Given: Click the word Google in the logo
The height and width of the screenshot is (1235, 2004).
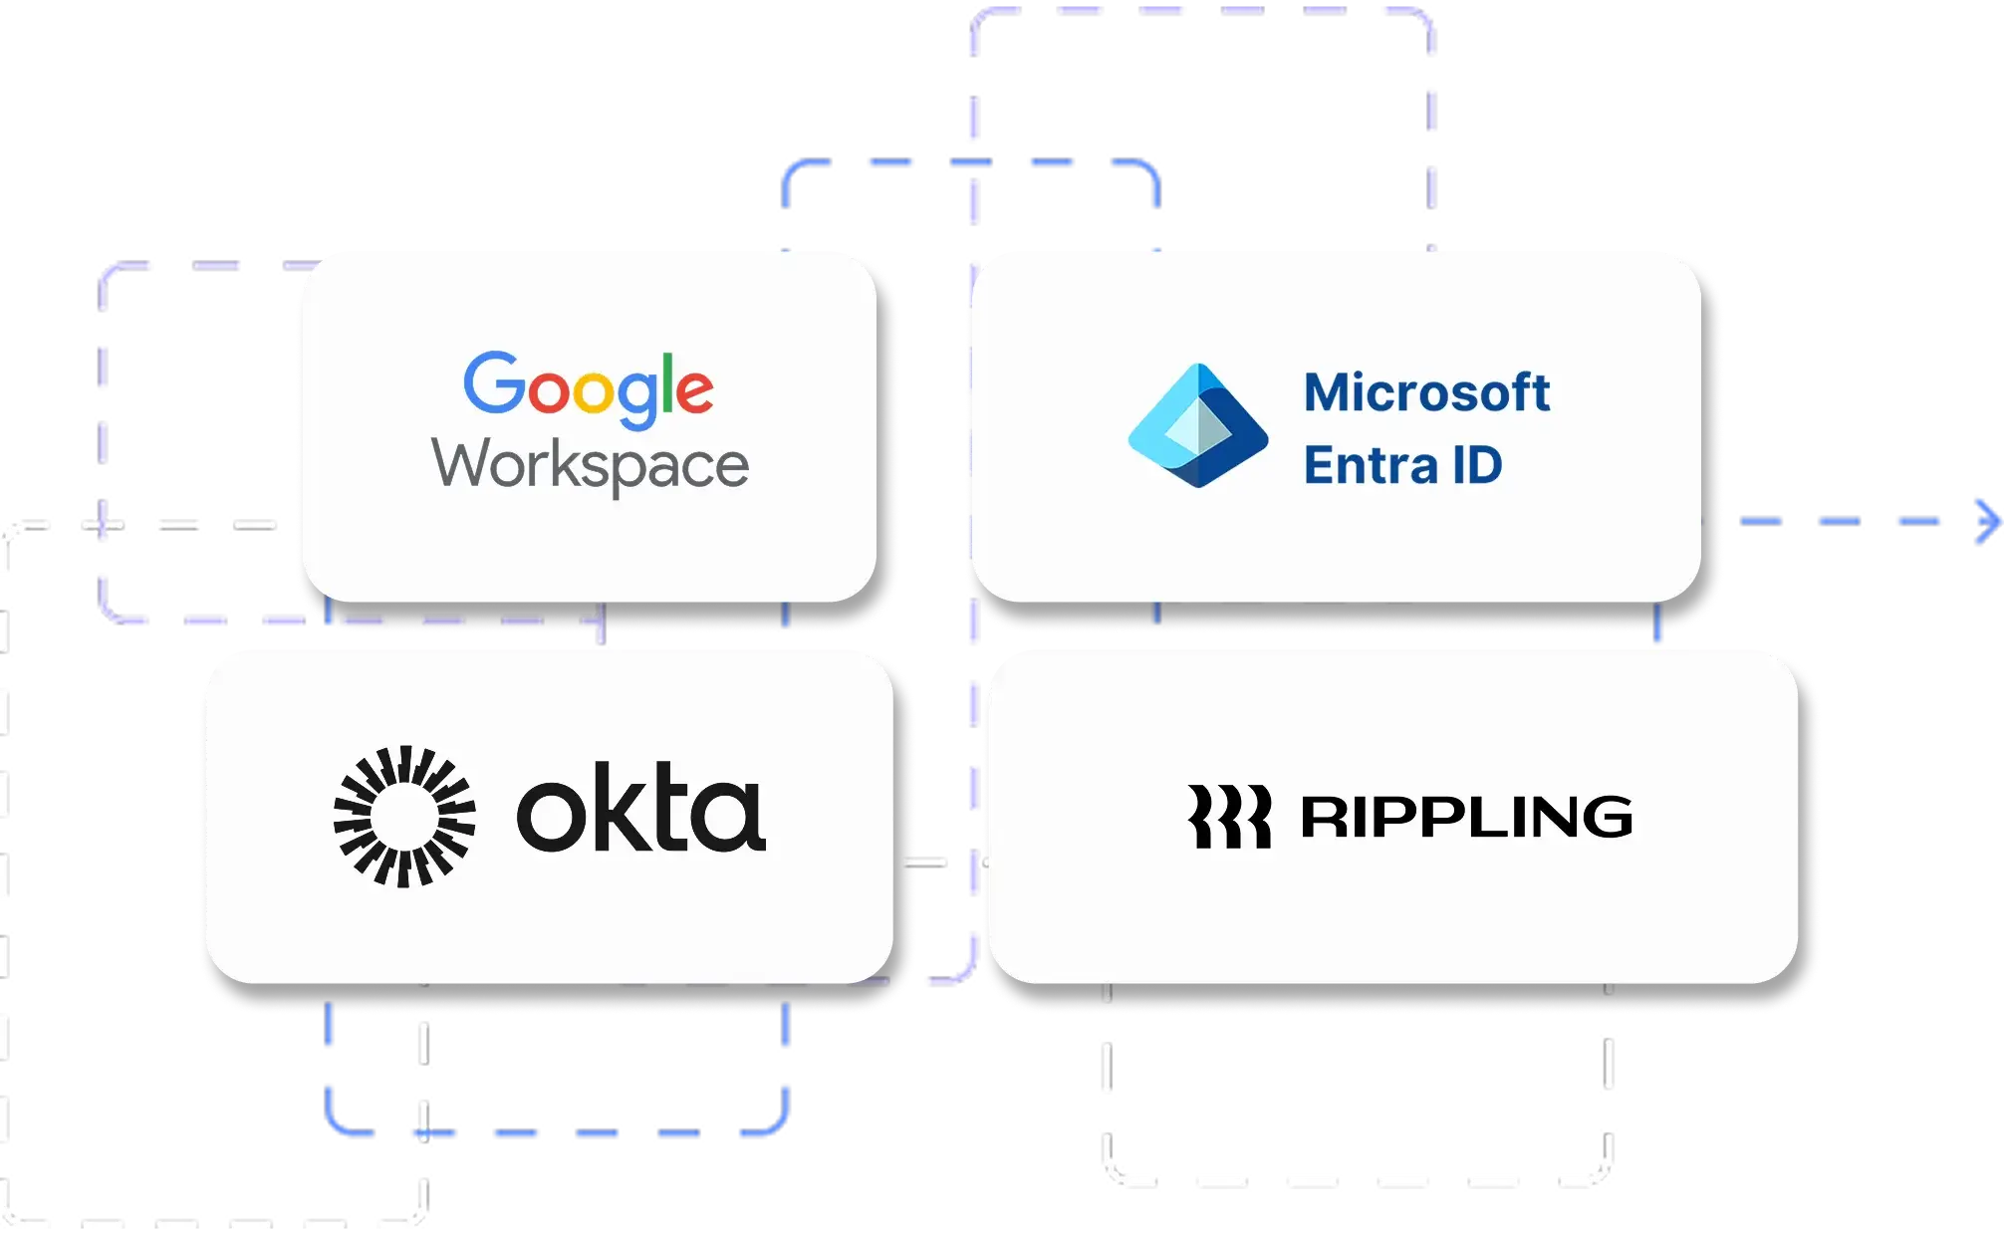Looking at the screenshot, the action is (588, 387).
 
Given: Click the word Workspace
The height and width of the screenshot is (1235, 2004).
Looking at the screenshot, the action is (590, 466).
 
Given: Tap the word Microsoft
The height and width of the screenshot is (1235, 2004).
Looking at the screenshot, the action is (1426, 392).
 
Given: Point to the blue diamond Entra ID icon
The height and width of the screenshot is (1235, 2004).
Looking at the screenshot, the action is (1197, 426).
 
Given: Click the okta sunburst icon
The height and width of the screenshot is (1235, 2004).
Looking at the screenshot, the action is (403, 816).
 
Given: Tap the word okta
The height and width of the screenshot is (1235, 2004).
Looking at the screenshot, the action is (640, 808).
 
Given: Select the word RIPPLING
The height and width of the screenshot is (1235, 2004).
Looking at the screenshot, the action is (1466, 817).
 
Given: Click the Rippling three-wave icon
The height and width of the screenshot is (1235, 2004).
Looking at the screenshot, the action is (1229, 817).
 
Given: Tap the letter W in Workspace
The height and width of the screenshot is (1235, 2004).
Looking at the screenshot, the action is (462, 464).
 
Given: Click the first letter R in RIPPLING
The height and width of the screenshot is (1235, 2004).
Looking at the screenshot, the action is (1322, 817).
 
